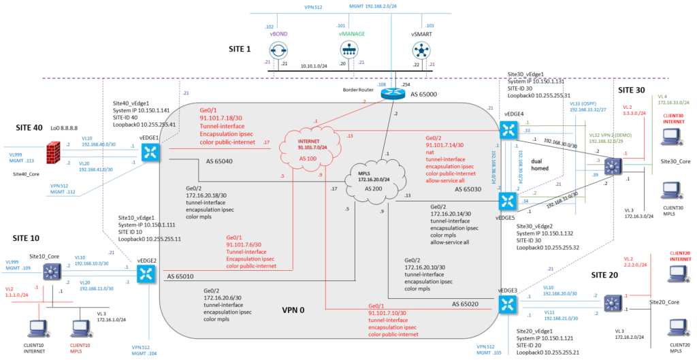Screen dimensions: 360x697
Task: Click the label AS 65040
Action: [x=219, y=161]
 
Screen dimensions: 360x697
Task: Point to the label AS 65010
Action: [x=180, y=277]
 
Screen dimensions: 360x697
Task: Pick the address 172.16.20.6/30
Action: [x=226, y=297]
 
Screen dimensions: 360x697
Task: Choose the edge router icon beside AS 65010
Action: [x=146, y=273]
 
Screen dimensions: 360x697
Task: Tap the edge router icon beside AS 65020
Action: [x=507, y=304]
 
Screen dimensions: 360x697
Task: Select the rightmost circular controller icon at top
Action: [x=421, y=50]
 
